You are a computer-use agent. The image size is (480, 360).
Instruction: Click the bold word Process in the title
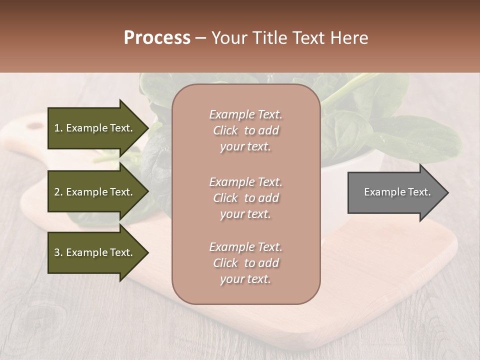click(157, 38)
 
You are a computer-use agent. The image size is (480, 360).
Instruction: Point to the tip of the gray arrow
click(447, 192)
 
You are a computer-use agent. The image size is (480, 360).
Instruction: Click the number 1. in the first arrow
click(58, 128)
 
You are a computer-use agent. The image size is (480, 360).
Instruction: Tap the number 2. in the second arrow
click(58, 192)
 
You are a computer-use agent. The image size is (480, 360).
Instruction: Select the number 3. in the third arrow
click(58, 252)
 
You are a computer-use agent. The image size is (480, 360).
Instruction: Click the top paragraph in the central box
click(245, 130)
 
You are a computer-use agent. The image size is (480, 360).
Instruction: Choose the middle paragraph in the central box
click(245, 198)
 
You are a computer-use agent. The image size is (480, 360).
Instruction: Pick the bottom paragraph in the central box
click(245, 263)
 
